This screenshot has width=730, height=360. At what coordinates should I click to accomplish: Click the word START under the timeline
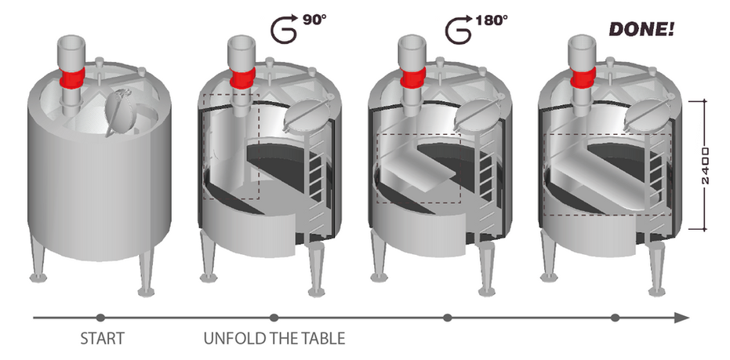(102, 340)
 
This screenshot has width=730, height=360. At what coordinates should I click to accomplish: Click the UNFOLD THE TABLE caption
(274, 340)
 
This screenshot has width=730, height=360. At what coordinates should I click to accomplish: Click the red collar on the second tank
(243, 78)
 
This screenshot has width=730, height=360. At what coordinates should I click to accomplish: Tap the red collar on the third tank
(413, 77)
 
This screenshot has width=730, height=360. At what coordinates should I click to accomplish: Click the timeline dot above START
(100, 318)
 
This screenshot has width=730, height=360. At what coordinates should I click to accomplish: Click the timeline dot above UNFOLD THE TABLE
(274, 318)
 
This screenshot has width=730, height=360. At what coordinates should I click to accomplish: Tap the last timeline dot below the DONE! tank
(616, 318)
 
